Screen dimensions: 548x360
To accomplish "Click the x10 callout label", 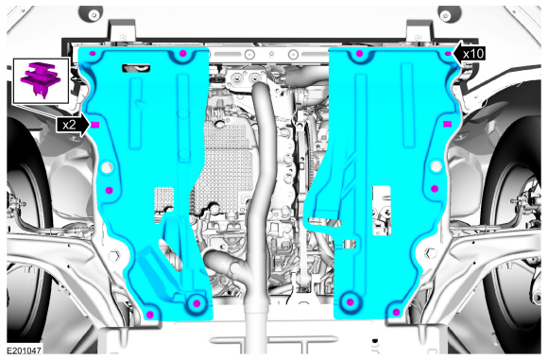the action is point(474,54).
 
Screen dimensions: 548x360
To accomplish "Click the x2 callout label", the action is point(69,125).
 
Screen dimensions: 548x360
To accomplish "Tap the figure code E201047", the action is point(24,351).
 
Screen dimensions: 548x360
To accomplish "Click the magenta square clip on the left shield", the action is point(95,125).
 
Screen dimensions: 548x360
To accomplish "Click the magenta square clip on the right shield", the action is point(447,124).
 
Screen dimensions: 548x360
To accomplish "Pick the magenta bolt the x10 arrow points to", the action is point(449,54).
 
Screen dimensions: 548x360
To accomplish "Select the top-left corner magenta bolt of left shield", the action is point(93,54).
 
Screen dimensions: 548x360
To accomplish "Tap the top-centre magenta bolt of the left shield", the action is point(182,54).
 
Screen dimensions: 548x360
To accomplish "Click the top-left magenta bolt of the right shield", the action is point(360,54).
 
